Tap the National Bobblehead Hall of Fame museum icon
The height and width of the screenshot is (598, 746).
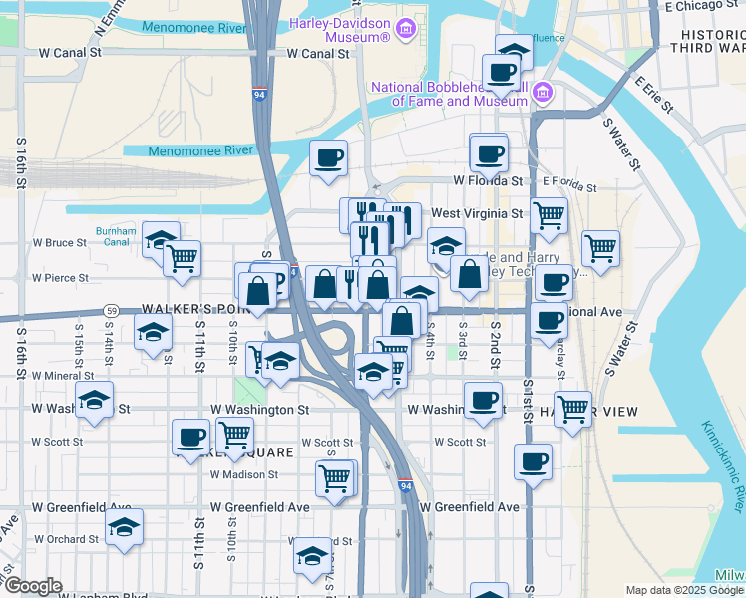tap(543, 94)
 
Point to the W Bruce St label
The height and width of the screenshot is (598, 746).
tap(60, 242)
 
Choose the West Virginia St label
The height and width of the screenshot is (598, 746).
tap(477, 213)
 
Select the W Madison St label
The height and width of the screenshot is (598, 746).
tap(243, 474)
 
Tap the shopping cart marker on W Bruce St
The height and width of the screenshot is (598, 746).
tap(182, 258)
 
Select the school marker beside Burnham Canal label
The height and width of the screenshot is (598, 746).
tap(160, 239)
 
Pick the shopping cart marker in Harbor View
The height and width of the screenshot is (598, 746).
tap(572, 408)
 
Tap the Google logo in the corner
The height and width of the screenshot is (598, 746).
tap(33, 586)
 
